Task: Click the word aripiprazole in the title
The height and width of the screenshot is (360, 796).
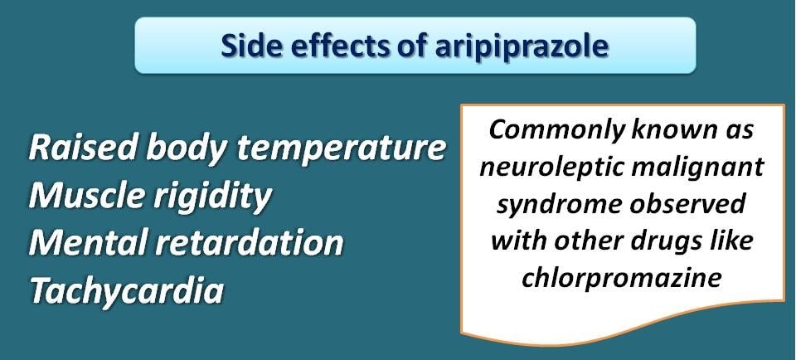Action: pos(522,46)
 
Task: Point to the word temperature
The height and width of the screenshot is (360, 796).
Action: pos(342,148)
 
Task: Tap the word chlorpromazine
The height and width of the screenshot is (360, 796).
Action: pos(622,278)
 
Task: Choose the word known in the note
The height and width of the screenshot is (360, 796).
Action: pos(671,130)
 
